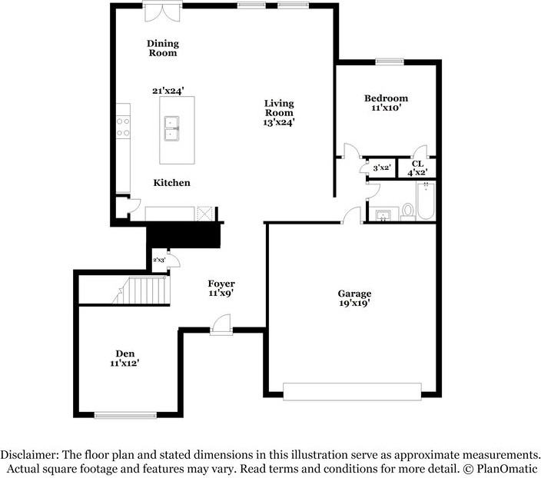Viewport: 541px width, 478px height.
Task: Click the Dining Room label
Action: coord(162,48)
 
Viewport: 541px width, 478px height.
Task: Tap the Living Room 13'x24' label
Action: coord(279,112)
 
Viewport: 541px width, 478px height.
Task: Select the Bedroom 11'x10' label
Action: coord(386,103)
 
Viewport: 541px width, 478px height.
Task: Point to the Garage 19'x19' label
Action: coord(354,298)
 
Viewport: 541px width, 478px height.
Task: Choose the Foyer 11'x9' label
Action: coord(221,288)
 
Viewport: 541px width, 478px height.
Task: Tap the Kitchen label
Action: coord(171,183)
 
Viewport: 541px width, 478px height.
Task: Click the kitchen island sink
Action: coord(171,129)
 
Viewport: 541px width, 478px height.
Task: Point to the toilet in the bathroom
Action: coord(407,211)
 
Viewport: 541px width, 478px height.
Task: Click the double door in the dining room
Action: coord(162,12)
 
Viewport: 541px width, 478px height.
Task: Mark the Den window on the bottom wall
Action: coord(119,416)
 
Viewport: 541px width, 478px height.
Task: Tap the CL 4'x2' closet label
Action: coord(417,168)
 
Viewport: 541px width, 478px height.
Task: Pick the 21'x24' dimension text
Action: coord(168,91)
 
